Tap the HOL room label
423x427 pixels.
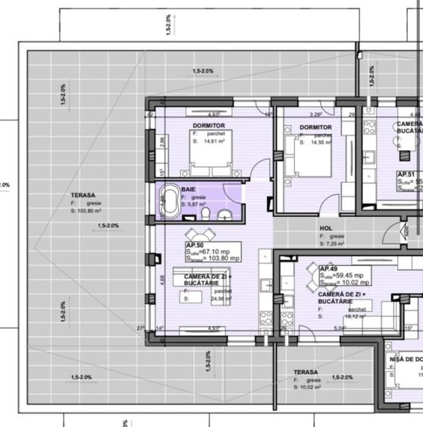click(326, 227)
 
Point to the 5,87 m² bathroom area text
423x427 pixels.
click(199, 204)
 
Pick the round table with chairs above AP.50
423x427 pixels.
click(199, 234)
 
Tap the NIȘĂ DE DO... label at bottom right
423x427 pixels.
click(405, 359)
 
